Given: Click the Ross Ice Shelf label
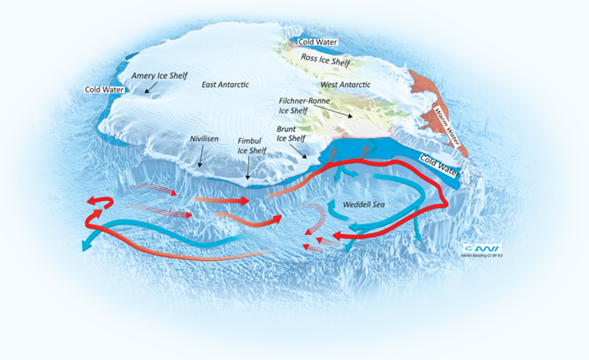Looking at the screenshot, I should [326, 60].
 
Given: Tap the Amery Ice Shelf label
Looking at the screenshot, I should [159, 76].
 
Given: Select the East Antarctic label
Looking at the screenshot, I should [225, 85].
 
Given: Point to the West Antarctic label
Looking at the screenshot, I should [345, 85].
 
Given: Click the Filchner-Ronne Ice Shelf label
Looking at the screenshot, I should [304, 106].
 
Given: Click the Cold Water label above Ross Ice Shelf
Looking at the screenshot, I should [318, 42].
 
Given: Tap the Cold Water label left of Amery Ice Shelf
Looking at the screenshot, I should [104, 90].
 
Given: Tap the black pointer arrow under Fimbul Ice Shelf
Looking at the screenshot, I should [248, 170].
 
